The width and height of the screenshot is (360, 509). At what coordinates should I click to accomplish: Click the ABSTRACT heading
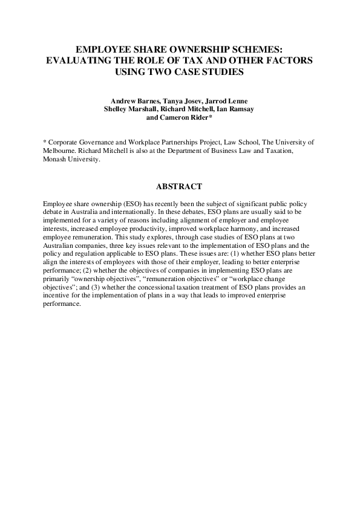179,187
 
